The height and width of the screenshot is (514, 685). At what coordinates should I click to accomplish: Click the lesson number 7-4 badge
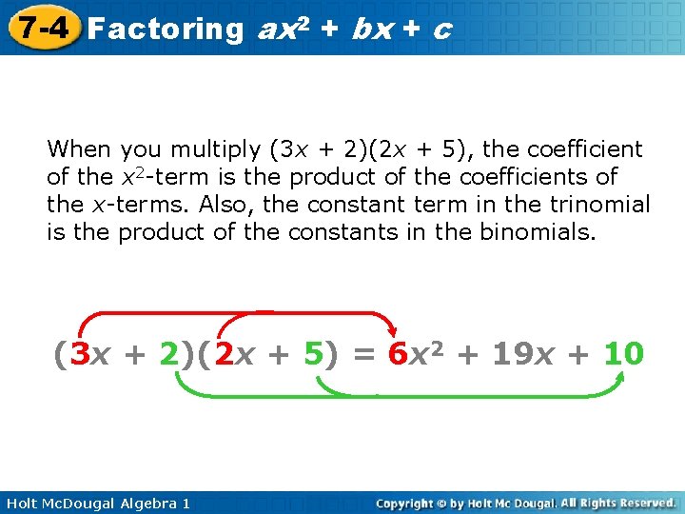pos(40,27)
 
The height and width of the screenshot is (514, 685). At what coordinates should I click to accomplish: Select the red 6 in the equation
pos(399,355)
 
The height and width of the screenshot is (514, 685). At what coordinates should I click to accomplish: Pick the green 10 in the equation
pos(623,355)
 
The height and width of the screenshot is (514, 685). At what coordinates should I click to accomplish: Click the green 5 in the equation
pos(312,355)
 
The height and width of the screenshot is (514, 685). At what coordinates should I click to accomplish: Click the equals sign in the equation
pos(362,355)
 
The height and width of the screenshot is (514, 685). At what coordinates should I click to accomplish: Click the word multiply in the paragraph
pos(219,150)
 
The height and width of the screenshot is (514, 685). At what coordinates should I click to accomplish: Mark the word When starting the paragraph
pos(78,149)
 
